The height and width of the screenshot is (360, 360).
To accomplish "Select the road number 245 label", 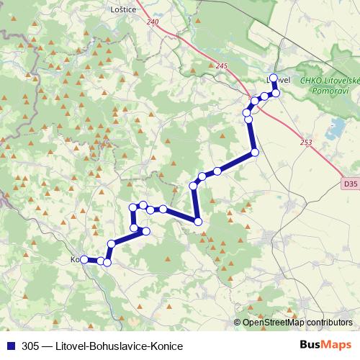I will coord(221,66).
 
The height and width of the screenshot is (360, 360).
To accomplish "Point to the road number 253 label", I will coord(306,143).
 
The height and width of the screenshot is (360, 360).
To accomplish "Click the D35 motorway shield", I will coord(350,184).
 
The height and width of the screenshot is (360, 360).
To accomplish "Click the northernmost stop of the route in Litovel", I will coord(274,78).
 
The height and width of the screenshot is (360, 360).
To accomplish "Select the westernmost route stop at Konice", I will coord(84,259).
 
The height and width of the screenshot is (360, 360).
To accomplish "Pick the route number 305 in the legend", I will coord(30,346).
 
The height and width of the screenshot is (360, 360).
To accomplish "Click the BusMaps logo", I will coord(325,346).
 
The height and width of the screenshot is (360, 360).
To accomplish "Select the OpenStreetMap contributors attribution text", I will coord(298,322).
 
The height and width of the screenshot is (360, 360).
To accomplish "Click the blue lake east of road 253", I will coord(335,129).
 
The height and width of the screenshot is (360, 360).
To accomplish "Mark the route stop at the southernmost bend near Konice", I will coord(107,262).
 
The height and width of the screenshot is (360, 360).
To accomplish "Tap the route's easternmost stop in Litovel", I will coord(276,93).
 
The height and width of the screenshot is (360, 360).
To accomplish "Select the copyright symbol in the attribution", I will coord(238,322).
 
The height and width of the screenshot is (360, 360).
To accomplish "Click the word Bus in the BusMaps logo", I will coord(310,346).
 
